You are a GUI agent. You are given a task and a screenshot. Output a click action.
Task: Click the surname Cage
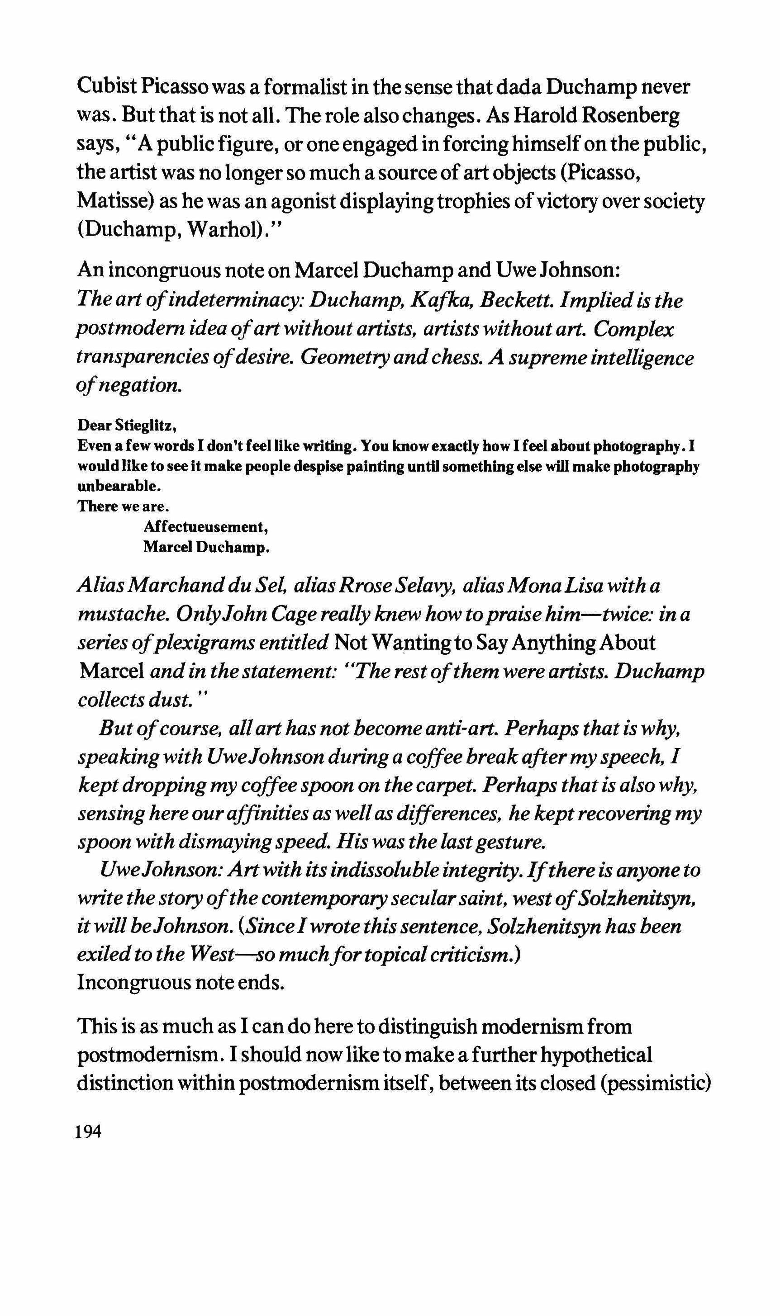coord(292,614)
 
